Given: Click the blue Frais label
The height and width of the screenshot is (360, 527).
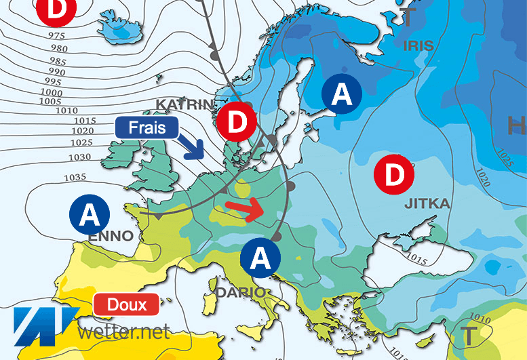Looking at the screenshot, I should (144, 126).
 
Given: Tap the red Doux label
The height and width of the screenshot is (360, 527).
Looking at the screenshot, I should (128, 304).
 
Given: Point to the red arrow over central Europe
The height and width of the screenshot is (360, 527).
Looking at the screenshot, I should (245, 208).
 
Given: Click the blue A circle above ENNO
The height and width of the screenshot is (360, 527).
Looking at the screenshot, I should (90, 215).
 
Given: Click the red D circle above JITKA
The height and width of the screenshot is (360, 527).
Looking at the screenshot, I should (394, 174).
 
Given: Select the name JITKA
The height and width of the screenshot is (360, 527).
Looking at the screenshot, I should (427, 203).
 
